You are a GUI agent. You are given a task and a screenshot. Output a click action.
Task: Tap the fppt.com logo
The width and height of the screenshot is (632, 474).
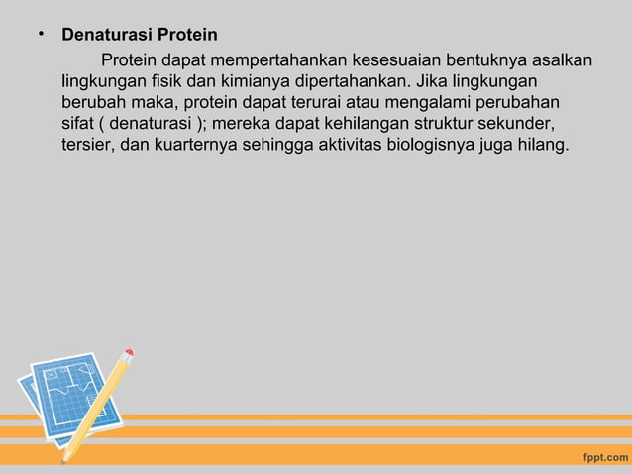pyautogui.click(x=602, y=457)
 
